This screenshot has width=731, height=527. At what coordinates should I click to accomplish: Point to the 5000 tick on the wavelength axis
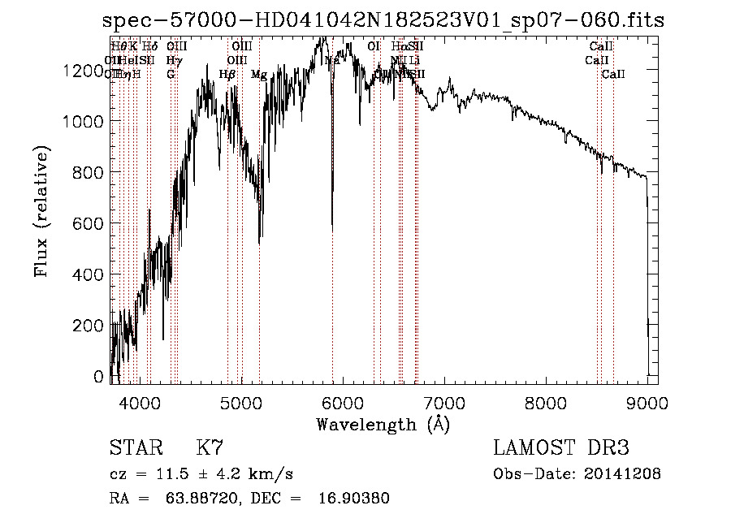pos(240,401)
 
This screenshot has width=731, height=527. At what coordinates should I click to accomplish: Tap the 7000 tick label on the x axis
pos(443,401)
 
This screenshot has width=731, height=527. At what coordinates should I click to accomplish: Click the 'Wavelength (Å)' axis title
pos(383,424)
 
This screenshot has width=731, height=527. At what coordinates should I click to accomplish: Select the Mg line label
pos(259,75)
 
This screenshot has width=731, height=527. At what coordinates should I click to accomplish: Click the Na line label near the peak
pos(331,60)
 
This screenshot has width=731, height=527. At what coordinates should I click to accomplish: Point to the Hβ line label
pos(227,75)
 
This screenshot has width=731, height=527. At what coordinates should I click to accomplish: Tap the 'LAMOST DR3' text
pos(560,448)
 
